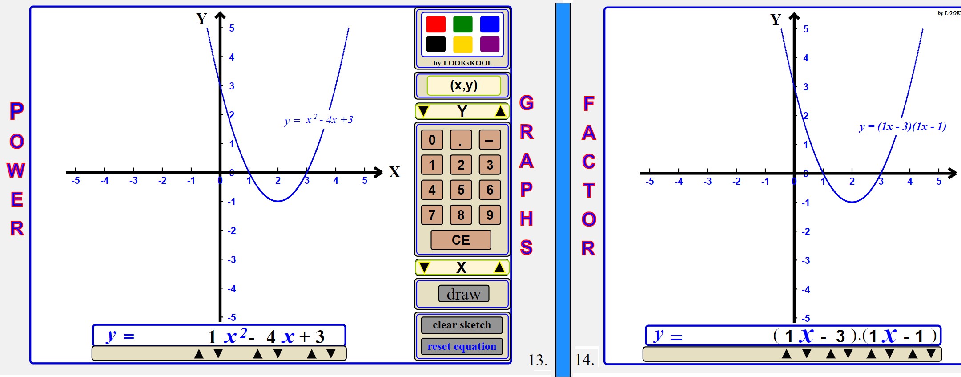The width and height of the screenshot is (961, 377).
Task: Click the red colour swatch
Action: point(435,24)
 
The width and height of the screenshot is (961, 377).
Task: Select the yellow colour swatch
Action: point(462,44)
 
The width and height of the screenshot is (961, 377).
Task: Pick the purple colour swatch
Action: point(490,44)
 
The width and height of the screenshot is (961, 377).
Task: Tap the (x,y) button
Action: point(464,85)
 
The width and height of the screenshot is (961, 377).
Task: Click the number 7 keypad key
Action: point(432,215)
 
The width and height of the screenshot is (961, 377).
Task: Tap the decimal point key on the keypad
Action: point(461,140)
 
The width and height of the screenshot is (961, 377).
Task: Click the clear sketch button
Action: point(462,325)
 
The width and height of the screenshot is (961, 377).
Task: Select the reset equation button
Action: point(462,346)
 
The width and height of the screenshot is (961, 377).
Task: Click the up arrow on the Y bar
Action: point(500,111)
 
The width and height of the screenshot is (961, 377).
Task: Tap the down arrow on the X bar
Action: point(424,268)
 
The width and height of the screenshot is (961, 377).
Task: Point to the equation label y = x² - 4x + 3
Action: point(318,120)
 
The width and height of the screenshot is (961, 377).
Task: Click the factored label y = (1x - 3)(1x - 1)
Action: point(902,126)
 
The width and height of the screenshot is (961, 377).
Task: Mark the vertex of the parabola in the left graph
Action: point(278,201)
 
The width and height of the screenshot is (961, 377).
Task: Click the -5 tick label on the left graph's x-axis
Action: point(76,181)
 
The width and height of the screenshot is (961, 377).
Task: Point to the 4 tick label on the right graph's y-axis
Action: point(805,58)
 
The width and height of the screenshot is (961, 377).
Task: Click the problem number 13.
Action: point(538,360)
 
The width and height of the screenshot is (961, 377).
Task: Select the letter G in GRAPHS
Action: point(527,103)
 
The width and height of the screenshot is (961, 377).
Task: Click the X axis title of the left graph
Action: point(394,172)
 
